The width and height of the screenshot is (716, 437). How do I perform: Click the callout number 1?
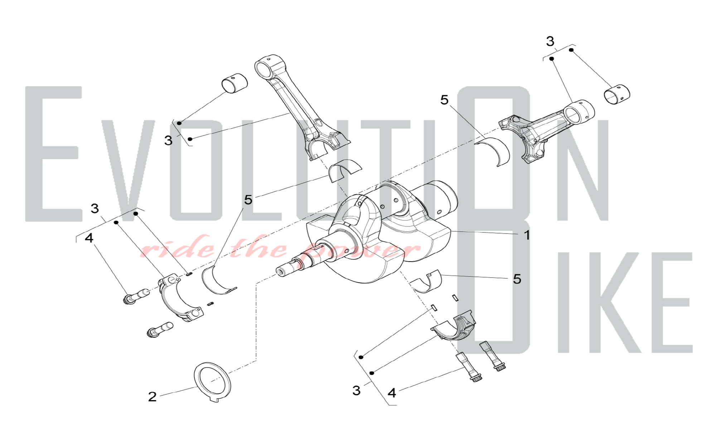pyautogui.click(x=527, y=235)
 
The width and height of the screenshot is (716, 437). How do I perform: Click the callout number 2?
pyautogui.click(x=152, y=397)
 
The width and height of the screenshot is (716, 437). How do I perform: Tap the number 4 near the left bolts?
pyautogui.click(x=89, y=238)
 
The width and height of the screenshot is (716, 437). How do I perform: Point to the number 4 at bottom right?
pyautogui.click(x=392, y=393)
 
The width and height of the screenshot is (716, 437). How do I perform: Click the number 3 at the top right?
pyautogui.click(x=550, y=41)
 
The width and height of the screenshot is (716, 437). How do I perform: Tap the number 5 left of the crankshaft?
pyautogui.click(x=248, y=200)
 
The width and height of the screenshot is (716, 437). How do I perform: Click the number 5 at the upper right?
pyautogui.click(x=444, y=100)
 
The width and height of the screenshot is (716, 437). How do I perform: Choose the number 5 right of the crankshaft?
pyautogui.click(x=517, y=279)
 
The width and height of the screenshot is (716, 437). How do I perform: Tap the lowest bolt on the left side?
pyautogui.click(x=160, y=330)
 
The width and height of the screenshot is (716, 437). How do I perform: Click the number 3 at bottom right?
pyautogui.click(x=356, y=390)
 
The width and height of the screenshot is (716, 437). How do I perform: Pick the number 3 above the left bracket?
pyautogui.click(x=95, y=208)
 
